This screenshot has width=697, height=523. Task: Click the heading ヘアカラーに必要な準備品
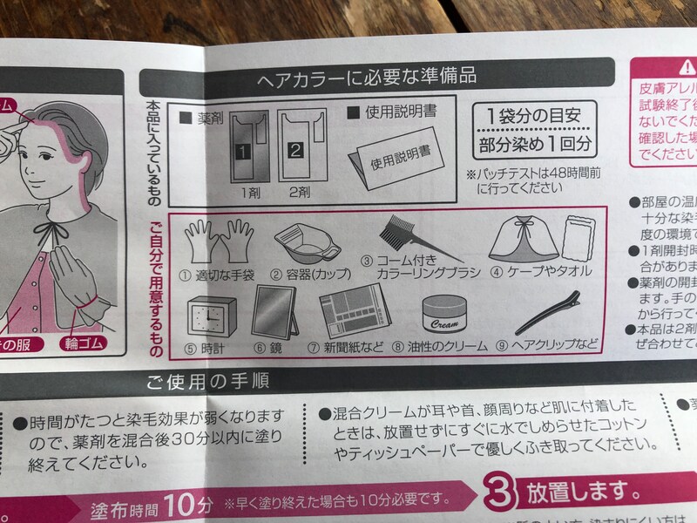pyautogui.click(x=366, y=77)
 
